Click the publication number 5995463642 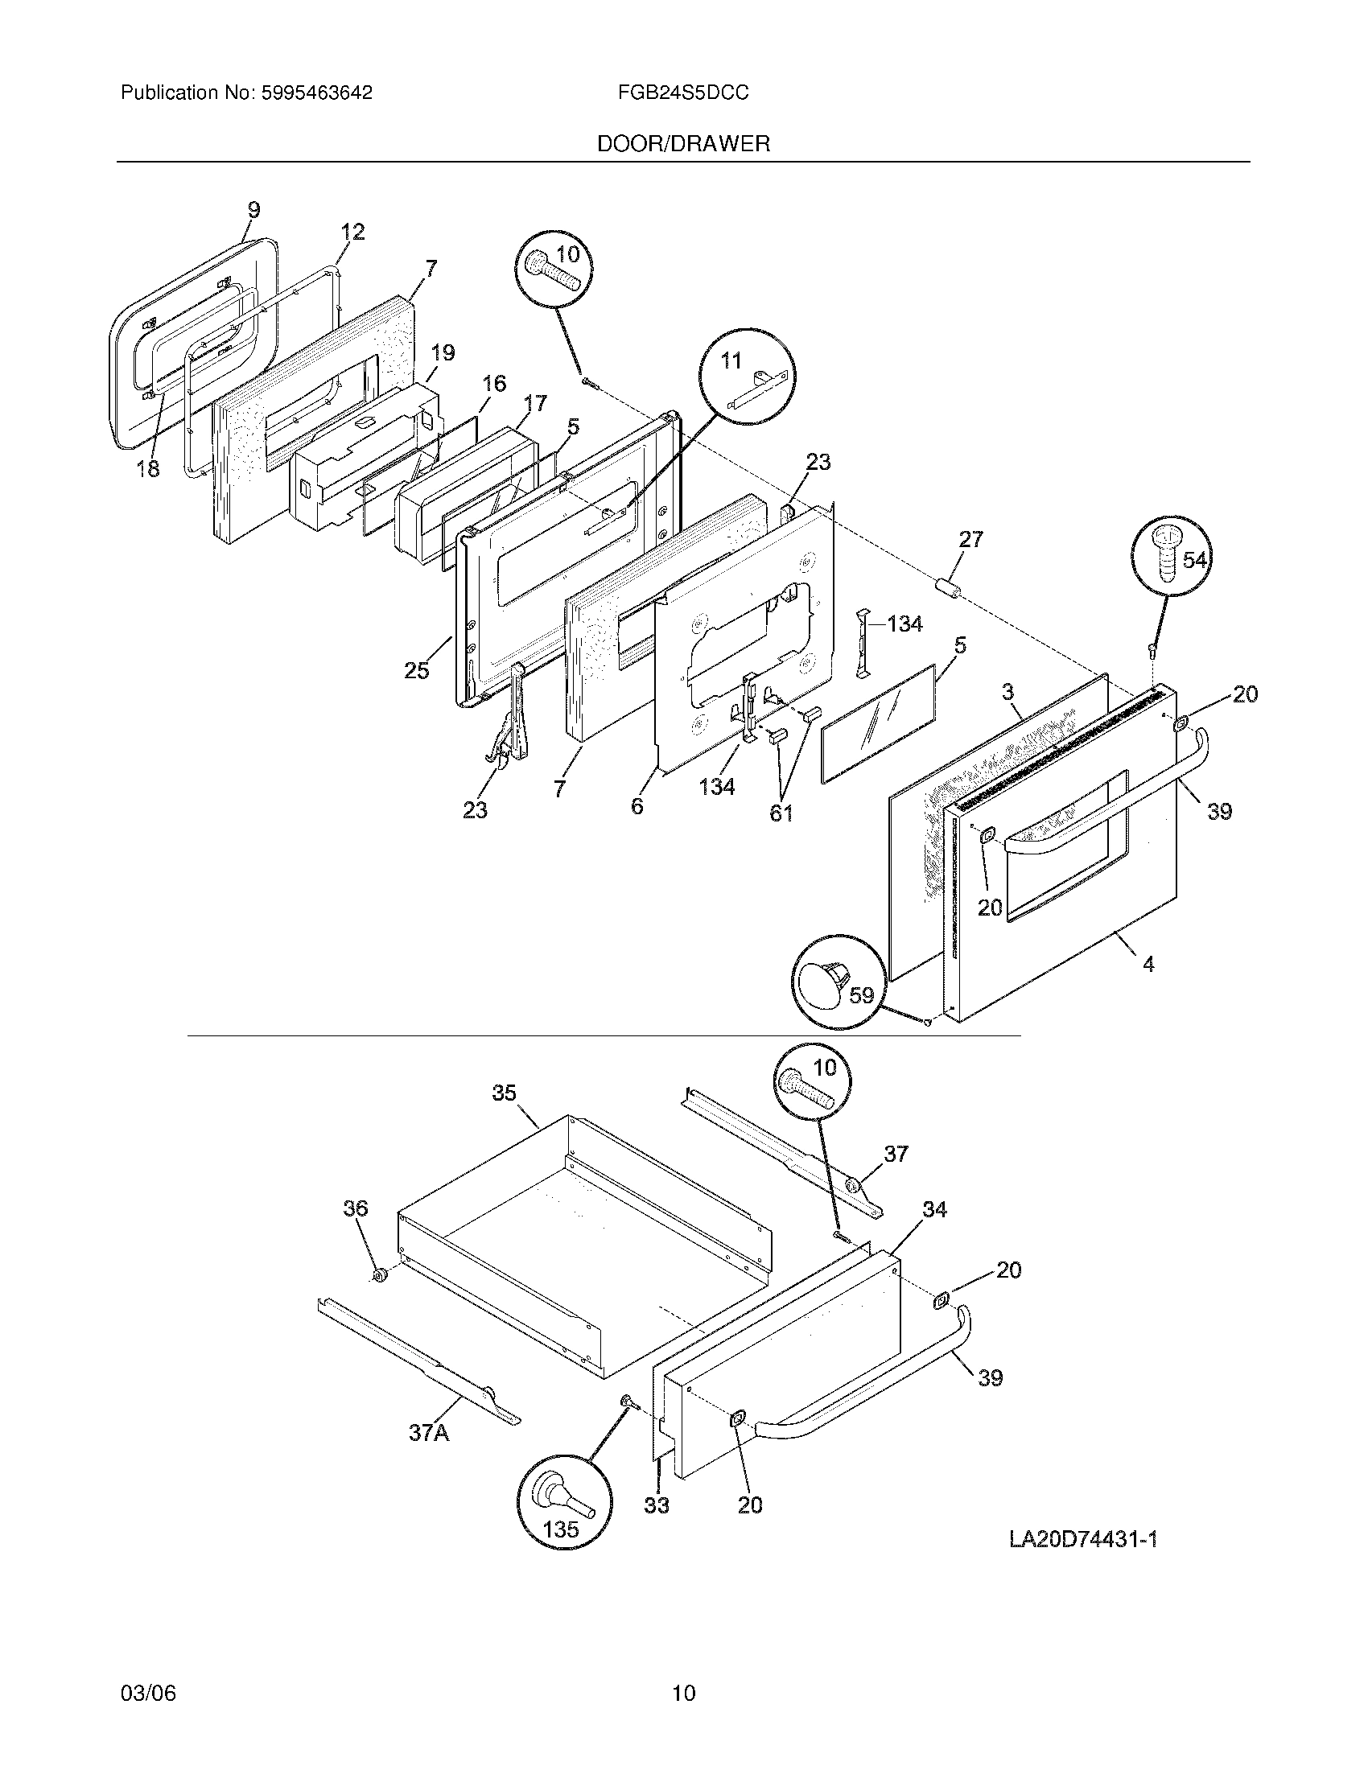pyautogui.click(x=317, y=93)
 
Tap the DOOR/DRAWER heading pyautogui.click(x=683, y=144)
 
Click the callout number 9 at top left pyautogui.click(x=253, y=210)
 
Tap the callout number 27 pyautogui.click(x=971, y=539)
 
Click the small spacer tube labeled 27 pyautogui.click(x=949, y=589)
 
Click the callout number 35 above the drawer pyautogui.click(x=504, y=1093)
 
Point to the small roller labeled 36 pyautogui.click(x=377, y=1278)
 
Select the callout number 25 pyautogui.click(x=417, y=670)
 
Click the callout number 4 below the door pyautogui.click(x=1148, y=964)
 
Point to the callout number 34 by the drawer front pyautogui.click(x=934, y=1209)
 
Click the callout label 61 pyautogui.click(x=781, y=813)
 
